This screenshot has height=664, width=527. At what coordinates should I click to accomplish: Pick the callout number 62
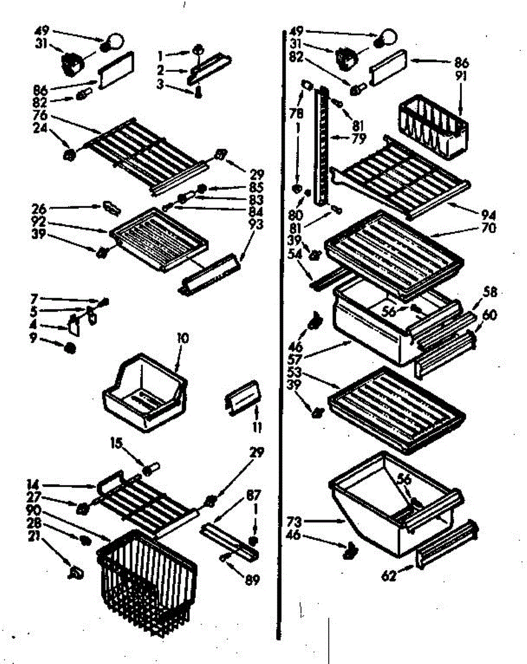(389, 577)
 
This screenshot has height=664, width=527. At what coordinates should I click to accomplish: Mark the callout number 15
(116, 443)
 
